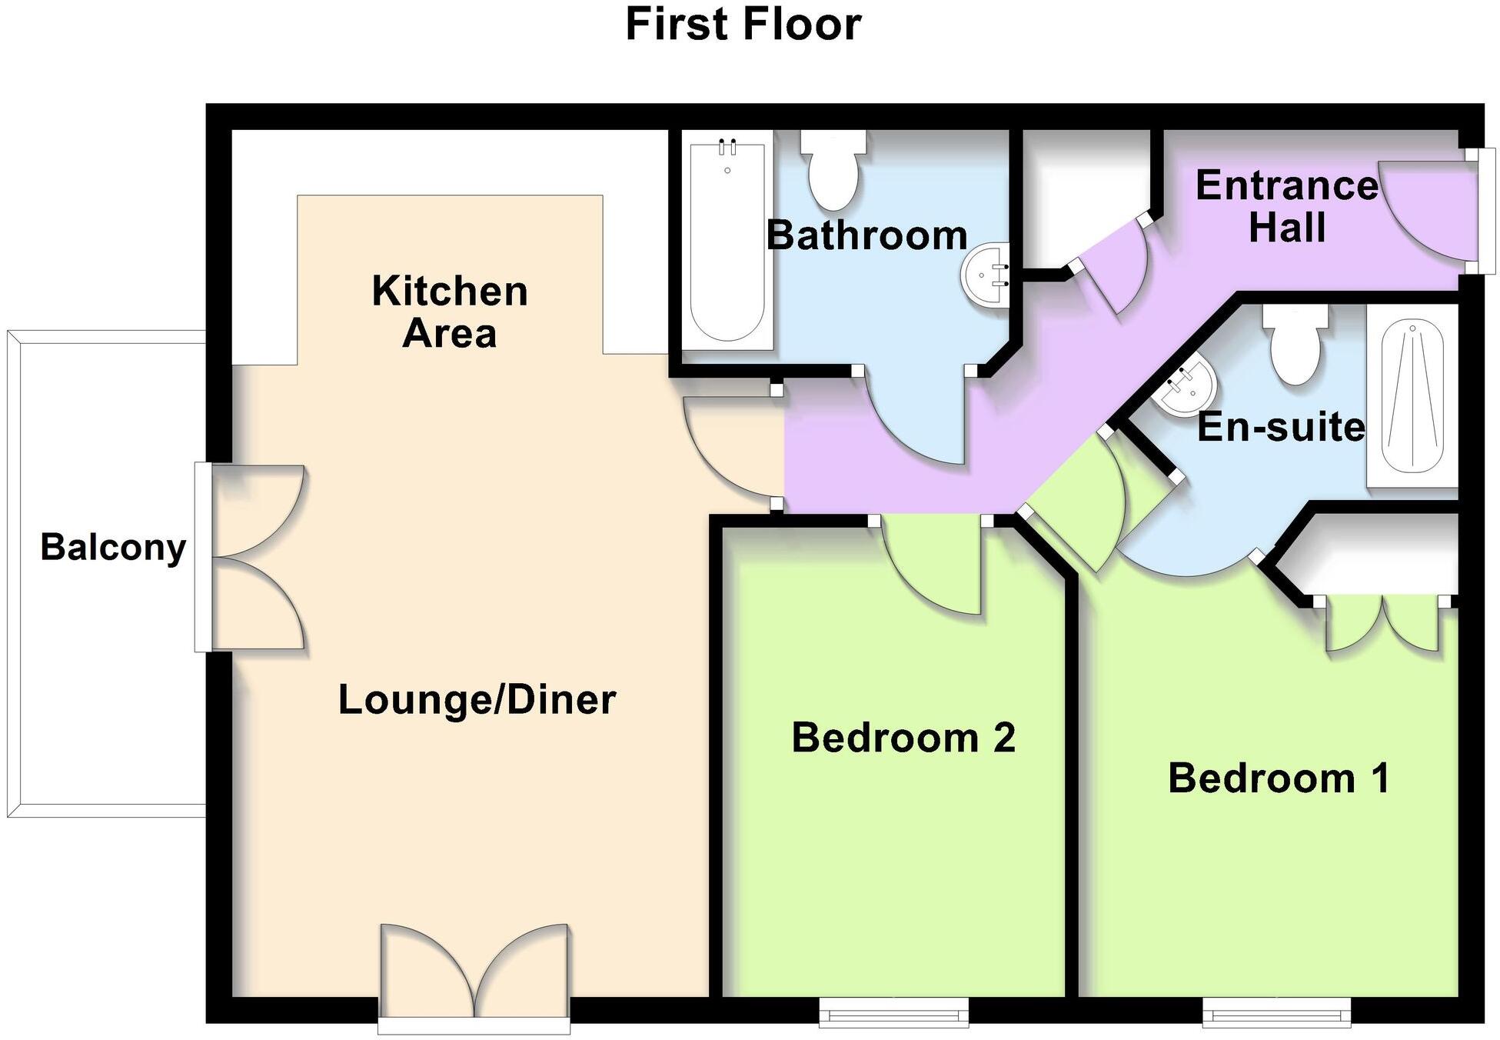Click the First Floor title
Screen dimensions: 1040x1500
point(743,25)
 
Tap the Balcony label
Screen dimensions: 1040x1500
point(113,548)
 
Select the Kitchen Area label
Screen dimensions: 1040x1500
point(450,312)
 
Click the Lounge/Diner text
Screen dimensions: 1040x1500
point(477,700)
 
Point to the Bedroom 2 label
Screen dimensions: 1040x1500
point(903,738)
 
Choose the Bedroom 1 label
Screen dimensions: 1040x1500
point(1279,778)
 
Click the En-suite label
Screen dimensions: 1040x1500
point(1281,427)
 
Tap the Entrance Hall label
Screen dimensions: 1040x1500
point(1286,206)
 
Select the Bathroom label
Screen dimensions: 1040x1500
point(866,235)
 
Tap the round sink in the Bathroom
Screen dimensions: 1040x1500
point(985,275)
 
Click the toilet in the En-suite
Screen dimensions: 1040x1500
point(1296,345)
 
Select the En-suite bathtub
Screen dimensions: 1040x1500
point(1412,395)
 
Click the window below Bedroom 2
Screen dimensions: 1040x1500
point(893,1013)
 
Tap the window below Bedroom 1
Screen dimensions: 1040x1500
point(1276,1013)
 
